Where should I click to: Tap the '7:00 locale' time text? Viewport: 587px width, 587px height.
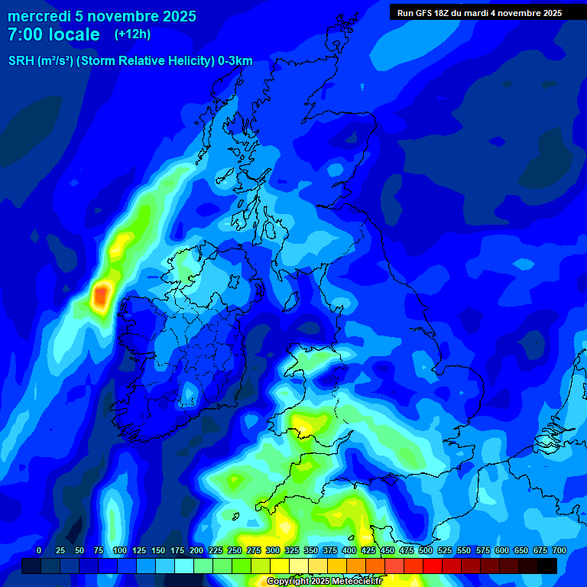click(x=54, y=34)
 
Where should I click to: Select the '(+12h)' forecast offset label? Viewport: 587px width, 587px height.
click(x=132, y=34)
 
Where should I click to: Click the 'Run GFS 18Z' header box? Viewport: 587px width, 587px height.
click(x=479, y=12)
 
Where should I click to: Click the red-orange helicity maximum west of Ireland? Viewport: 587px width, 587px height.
click(x=100, y=296)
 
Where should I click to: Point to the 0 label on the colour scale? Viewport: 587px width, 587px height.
click(x=39, y=550)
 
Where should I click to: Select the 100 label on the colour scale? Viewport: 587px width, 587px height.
click(x=119, y=550)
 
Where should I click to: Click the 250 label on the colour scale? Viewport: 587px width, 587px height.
click(x=235, y=550)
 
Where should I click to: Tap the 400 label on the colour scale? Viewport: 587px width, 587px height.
click(x=349, y=550)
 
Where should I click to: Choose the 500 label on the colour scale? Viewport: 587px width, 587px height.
click(x=426, y=550)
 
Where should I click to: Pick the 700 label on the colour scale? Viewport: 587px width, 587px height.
click(x=559, y=550)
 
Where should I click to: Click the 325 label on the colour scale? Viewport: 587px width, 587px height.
click(x=292, y=550)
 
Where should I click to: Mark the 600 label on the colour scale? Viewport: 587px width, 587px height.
click(x=502, y=550)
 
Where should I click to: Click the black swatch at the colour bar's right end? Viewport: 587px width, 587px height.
click(x=547, y=566)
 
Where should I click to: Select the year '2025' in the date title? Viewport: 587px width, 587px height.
click(x=178, y=16)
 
